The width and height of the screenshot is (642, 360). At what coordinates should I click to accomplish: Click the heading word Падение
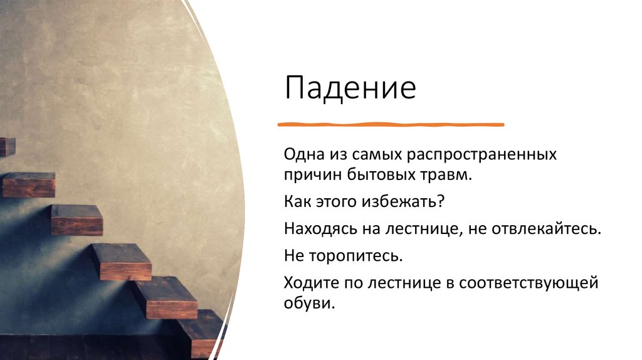click(350, 89)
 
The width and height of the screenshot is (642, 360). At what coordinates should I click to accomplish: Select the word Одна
click(304, 154)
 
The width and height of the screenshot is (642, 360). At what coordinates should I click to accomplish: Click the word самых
click(378, 154)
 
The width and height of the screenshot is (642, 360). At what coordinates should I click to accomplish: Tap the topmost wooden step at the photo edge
click(7, 147)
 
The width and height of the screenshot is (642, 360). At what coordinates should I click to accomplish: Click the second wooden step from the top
click(28, 184)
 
